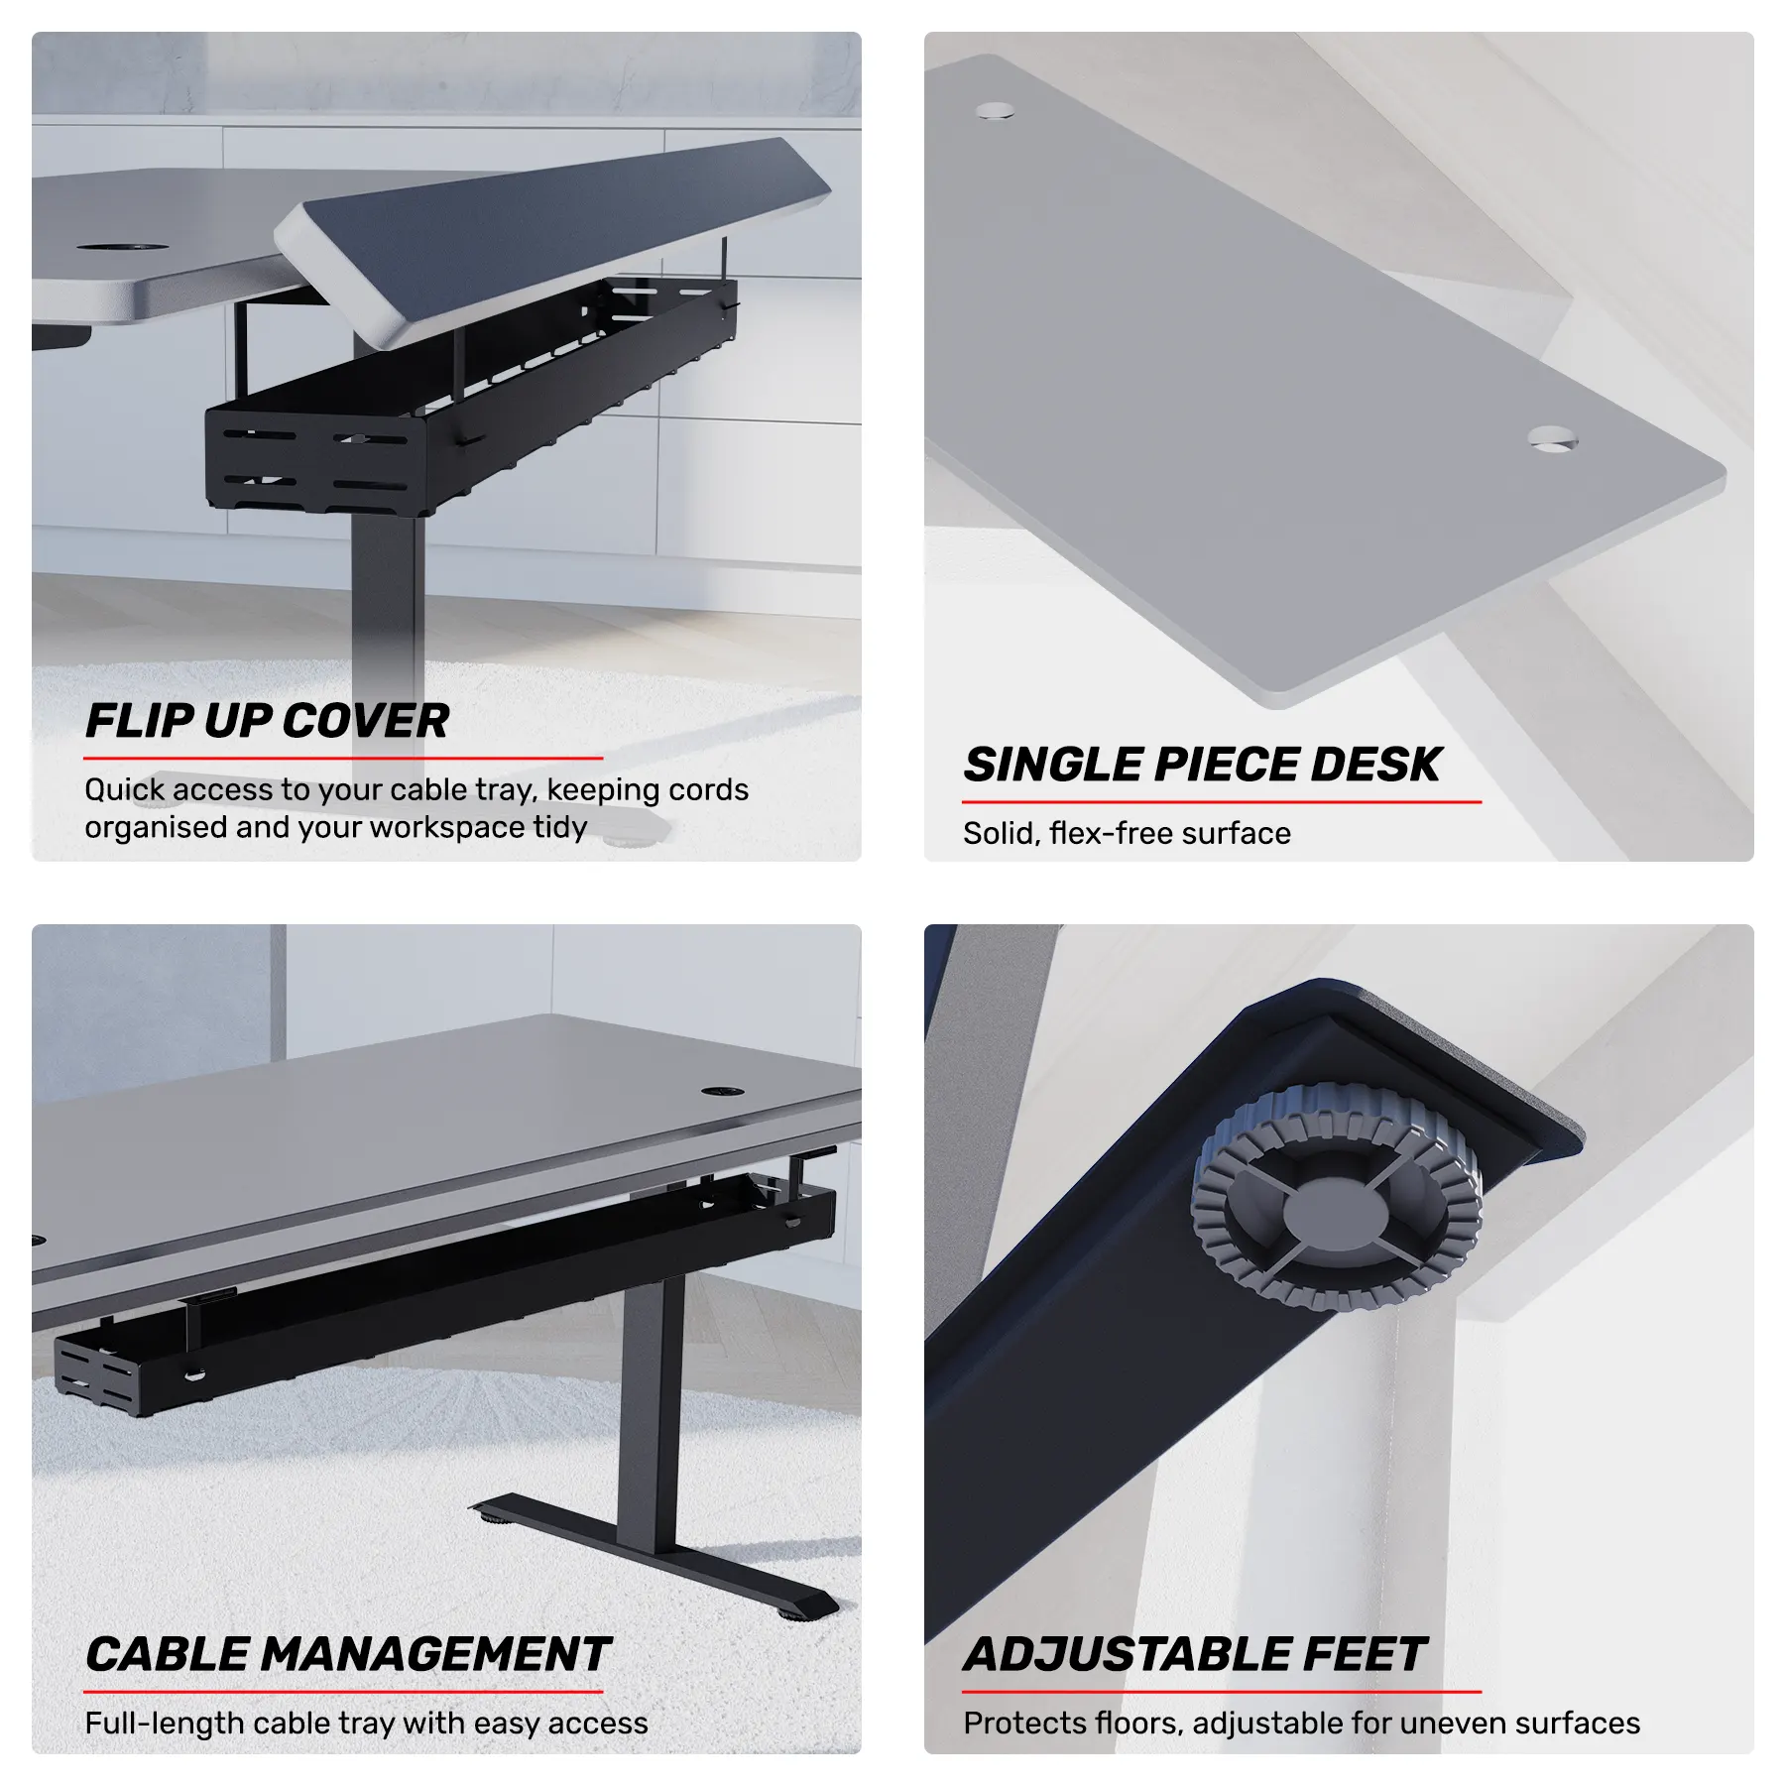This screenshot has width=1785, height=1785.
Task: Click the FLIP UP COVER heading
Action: point(267,721)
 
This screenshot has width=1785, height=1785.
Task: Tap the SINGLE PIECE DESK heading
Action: point(1202,765)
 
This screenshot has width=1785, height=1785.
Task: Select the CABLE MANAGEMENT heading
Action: point(347,1654)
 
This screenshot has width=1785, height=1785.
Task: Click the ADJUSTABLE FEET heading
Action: point(1194,1654)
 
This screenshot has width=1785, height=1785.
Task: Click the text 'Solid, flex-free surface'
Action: point(1127,833)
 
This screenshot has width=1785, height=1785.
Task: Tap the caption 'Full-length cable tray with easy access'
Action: point(366,1724)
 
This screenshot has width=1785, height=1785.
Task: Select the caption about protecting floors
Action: point(1301,1724)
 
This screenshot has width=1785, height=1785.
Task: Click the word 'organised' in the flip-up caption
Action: point(156,828)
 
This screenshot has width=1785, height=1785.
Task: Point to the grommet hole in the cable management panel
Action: point(723,1092)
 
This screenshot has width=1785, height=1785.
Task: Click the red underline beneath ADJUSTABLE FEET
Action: point(1222,1691)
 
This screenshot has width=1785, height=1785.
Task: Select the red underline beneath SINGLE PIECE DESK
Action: point(1222,801)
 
